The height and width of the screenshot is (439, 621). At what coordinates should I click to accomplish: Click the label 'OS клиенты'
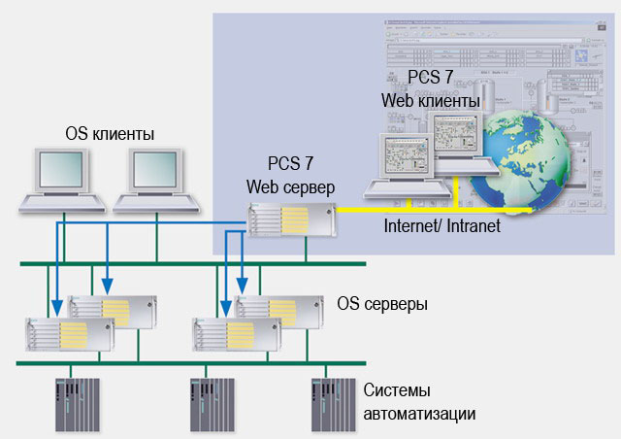[110, 133]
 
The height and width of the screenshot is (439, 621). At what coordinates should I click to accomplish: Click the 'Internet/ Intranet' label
[441, 226]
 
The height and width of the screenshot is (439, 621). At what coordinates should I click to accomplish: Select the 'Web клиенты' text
[430, 100]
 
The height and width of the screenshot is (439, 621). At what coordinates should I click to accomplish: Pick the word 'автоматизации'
[420, 413]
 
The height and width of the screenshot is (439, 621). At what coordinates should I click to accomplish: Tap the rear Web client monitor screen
[456, 136]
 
